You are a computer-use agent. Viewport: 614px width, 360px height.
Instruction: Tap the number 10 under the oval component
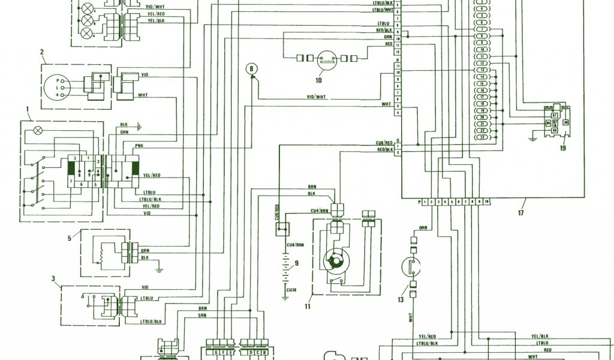point(318,79)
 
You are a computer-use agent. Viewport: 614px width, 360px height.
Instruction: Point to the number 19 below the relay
point(563,148)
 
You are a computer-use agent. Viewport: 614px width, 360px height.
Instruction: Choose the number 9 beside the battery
point(296,263)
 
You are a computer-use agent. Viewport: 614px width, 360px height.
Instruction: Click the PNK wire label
point(139,145)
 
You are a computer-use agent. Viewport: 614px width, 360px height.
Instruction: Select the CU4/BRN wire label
point(318,210)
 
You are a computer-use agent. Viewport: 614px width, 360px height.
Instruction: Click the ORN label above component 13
point(423,227)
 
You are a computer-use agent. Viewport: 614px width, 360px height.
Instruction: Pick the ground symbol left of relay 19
point(532,139)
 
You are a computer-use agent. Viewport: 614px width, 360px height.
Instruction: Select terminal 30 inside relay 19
point(565,122)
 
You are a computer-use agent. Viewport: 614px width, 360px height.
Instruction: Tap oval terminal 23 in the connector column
point(482,137)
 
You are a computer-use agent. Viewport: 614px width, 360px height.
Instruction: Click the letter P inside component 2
point(58,80)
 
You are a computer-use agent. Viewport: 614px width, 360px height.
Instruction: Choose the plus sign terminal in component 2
point(58,95)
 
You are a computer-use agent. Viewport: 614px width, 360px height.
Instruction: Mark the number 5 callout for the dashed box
point(70,238)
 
